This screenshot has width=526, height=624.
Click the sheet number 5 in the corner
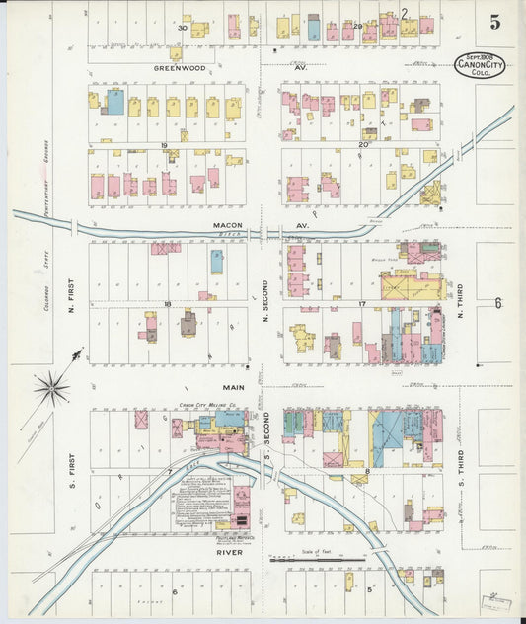point(493,20)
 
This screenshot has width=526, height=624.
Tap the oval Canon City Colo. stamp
point(480,66)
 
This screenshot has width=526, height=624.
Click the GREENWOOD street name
point(180,68)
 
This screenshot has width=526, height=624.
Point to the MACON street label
point(228,226)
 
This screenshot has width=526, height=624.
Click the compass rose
point(51,386)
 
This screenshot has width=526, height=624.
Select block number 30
point(182,28)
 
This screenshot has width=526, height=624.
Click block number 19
point(164,145)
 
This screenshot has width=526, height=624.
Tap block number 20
point(363,145)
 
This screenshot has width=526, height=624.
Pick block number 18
point(168,303)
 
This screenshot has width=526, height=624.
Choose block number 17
point(362,303)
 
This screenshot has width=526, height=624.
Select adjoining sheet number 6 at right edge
point(498,303)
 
